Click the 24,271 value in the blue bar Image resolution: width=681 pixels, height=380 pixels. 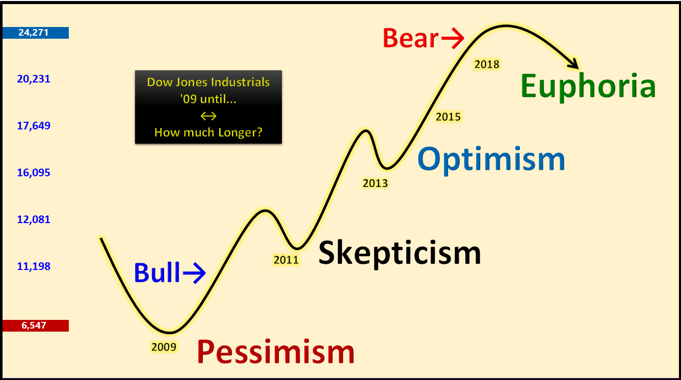[x=34, y=33]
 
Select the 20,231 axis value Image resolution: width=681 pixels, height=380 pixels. [x=34, y=79]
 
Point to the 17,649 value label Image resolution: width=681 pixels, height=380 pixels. [x=34, y=126]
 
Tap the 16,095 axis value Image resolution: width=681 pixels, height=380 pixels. [x=34, y=173]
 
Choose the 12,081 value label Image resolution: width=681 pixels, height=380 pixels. [x=34, y=220]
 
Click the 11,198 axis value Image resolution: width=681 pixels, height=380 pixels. [x=34, y=266]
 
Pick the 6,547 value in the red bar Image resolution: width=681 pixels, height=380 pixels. [x=34, y=325]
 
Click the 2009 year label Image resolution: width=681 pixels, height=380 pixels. [x=164, y=347]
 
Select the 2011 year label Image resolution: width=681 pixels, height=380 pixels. [x=286, y=260]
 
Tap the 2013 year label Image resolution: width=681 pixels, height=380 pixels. [x=376, y=183]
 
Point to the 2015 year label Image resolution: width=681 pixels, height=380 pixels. [x=448, y=117]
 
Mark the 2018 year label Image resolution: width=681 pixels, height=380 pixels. [x=487, y=64]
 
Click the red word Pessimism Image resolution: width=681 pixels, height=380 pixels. [x=276, y=351]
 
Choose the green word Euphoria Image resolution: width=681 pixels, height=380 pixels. [x=588, y=87]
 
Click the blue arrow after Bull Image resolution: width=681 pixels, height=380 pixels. [x=194, y=273]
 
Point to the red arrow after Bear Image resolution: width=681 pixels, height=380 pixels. [x=453, y=38]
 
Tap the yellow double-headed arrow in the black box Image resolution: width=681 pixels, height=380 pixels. [x=208, y=116]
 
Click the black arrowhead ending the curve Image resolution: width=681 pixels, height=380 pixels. [x=574, y=64]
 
